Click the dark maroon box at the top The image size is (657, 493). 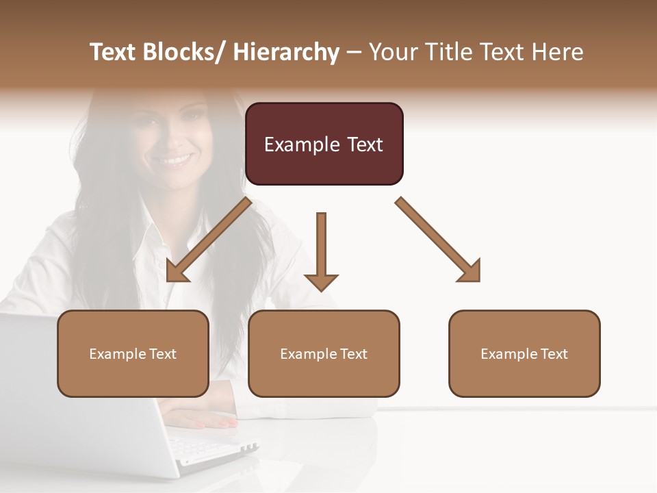click(324, 144)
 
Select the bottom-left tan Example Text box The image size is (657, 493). click(133, 353)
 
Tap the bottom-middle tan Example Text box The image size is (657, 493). click(324, 353)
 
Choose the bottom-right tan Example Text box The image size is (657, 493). click(524, 353)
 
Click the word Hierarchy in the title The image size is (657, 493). click(286, 52)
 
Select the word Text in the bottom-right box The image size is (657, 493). click(553, 354)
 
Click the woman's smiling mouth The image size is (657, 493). click(171, 160)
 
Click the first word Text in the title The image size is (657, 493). click(113, 52)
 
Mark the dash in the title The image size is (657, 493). click(355, 53)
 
